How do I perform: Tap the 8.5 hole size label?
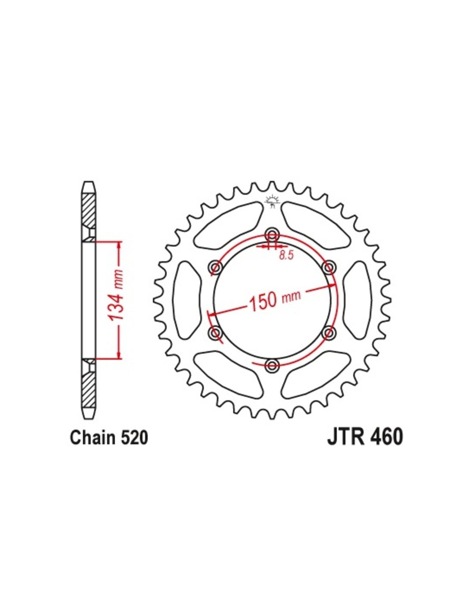(286, 256)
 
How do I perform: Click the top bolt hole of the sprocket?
(272, 234)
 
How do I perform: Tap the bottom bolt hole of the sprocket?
(272, 366)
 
